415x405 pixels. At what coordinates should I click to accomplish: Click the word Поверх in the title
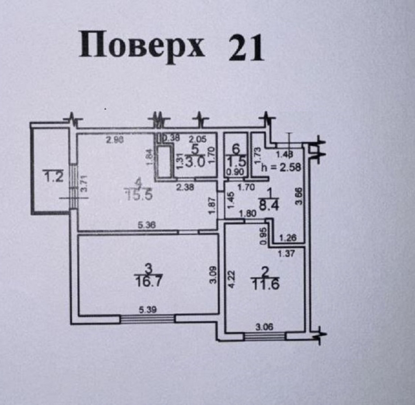pos(142,46)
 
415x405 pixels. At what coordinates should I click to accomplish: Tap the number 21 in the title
pos(246,48)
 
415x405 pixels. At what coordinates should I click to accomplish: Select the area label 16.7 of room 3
pos(149,281)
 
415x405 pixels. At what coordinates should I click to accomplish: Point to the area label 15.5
pos(138,196)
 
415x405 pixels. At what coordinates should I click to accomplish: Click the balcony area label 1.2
pos(53,177)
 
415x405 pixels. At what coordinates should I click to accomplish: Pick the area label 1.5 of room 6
pos(237,160)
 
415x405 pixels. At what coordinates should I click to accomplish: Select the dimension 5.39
pos(148,310)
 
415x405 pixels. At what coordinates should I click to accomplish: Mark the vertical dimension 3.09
pos(213,276)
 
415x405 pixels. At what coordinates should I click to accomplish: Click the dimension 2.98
pos(114,140)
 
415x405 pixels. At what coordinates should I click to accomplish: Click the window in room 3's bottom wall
pos(148,319)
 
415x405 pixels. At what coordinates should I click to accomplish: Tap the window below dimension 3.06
pos(265,336)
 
